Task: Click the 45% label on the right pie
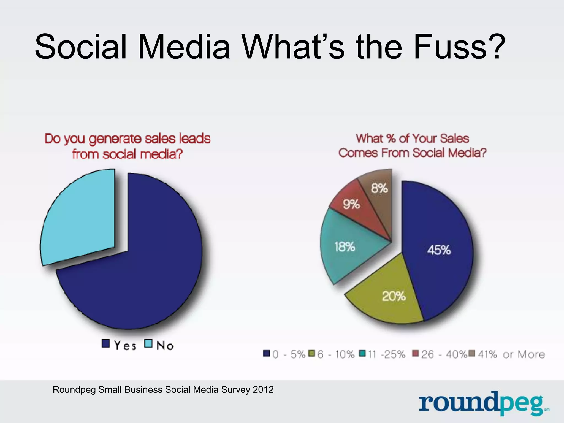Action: pyautogui.click(x=439, y=250)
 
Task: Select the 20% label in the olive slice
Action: pyautogui.click(x=394, y=296)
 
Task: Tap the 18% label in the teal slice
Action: pyautogui.click(x=345, y=247)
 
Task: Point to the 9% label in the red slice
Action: pyautogui.click(x=351, y=204)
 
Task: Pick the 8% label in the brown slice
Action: pyautogui.click(x=379, y=188)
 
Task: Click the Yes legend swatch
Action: pyautogui.click(x=106, y=344)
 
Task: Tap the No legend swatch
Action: pyautogui.click(x=148, y=344)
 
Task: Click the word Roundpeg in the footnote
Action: pyautogui.click(x=74, y=390)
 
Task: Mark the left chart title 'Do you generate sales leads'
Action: pyautogui.click(x=127, y=139)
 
